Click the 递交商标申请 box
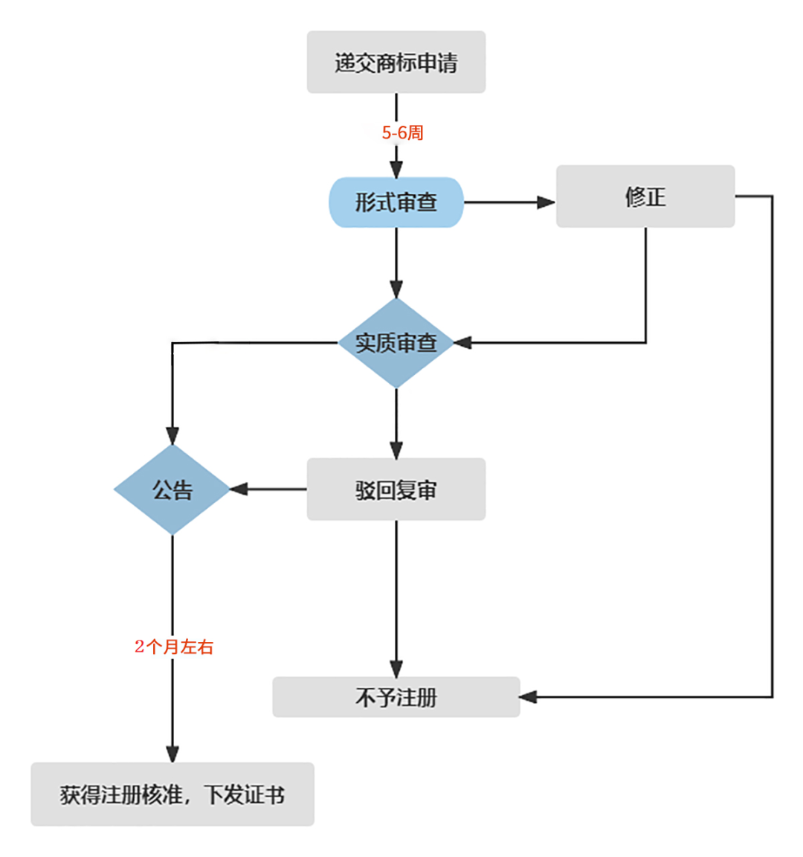(x=396, y=62)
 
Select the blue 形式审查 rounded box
(x=396, y=202)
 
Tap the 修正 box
(x=645, y=196)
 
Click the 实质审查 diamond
(x=396, y=343)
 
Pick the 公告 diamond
(x=172, y=490)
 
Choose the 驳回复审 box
(x=396, y=490)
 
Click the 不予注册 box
(x=396, y=697)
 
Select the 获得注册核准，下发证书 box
(x=172, y=795)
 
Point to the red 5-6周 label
(x=402, y=133)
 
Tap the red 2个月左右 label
(x=174, y=646)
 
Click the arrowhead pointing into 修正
(x=546, y=202)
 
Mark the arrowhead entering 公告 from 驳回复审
(x=239, y=490)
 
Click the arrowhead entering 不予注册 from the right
(x=528, y=697)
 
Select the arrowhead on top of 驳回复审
(x=396, y=450)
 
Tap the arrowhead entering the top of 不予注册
(x=396, y=668)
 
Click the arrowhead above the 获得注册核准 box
(x=172, y=754)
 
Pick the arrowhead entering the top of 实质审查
(x=396, y=289)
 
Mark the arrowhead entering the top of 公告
(x=172, y=436)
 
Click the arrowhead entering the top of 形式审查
(x=396, y=169)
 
